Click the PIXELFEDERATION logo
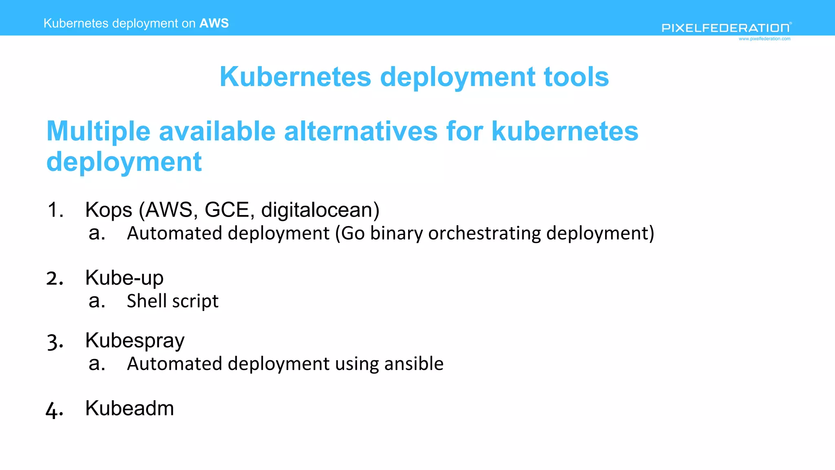726,28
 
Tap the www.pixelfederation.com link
764,39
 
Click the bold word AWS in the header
214,23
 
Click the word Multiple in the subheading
98,131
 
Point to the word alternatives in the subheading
360,131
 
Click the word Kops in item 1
108,210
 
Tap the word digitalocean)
320,210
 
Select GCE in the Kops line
227,210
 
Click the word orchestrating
484,233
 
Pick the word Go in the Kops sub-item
353,233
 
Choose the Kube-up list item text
124,278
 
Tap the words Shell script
172,302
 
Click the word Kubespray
135,341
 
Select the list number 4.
54,410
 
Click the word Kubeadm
129,408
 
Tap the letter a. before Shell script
97,301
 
